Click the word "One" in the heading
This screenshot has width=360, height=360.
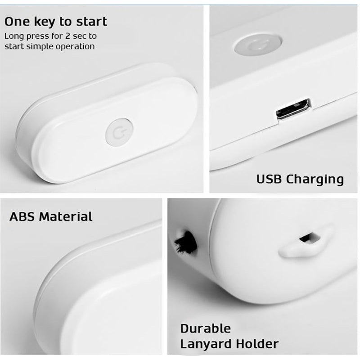point(17,22)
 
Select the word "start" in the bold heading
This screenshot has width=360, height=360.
point(92,22)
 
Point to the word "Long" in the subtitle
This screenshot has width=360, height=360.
point(14,37)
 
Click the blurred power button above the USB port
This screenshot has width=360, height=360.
point(258,44)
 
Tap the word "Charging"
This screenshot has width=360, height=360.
point(315,180)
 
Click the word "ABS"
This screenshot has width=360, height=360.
point(22,216)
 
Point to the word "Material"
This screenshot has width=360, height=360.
point(66,216)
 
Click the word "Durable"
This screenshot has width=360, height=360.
point(206,328)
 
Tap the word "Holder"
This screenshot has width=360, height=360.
point(257,344)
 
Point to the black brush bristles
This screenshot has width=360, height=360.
point(185,242)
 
